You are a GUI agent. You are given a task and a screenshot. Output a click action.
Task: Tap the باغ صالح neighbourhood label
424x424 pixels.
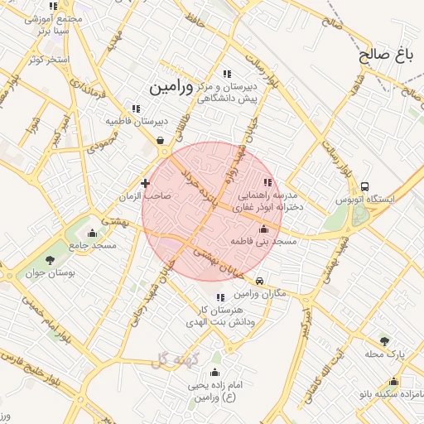[386, 56]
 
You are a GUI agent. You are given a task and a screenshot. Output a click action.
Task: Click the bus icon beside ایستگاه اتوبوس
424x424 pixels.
[365, 186]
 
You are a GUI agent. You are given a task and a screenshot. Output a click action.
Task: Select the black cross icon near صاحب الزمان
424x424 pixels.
[146, 183]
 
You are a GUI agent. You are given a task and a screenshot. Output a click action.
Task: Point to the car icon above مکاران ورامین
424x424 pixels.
[260, 282]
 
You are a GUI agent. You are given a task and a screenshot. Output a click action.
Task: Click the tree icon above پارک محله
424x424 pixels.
[383, 340]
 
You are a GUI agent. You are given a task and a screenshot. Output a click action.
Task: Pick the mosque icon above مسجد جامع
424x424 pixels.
[92, 233]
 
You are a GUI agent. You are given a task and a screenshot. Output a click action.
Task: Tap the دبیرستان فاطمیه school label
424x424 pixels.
[136, 121]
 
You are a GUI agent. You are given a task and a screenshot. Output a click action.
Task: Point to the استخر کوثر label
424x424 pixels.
[48, 60]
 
